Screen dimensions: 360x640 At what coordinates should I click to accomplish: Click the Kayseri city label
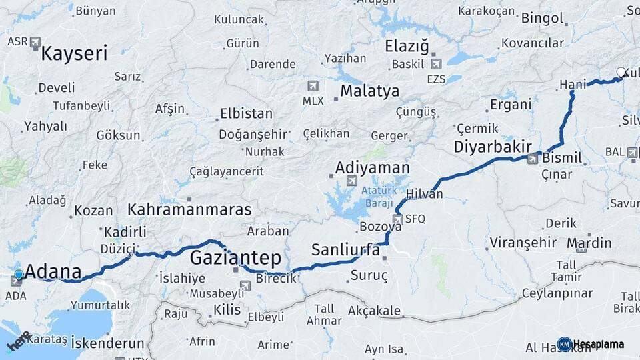(74, 53)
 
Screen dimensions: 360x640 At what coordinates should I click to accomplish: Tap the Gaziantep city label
(235, 258)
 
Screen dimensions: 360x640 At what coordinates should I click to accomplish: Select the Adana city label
(53, 272)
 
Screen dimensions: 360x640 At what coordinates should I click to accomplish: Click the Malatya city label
(370, 91)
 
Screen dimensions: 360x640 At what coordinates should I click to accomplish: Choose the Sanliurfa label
(345, 250)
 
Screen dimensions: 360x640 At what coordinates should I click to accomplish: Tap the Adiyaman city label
(373, 167)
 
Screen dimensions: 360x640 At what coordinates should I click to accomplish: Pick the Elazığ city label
(407, 46)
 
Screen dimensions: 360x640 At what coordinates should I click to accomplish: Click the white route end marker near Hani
(621, 73)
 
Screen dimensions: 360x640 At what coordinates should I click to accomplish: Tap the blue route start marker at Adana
(19, 274)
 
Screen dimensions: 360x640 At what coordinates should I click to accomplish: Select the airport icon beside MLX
(313, 86)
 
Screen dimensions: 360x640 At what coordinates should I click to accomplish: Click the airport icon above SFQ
(397, 219)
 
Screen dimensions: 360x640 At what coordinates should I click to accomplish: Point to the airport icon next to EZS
(436, 64)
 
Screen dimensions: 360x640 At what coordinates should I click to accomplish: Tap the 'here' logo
(19, 341)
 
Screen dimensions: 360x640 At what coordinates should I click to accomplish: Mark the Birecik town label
(275, 279)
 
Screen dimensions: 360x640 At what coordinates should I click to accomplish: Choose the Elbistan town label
(246, 113)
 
